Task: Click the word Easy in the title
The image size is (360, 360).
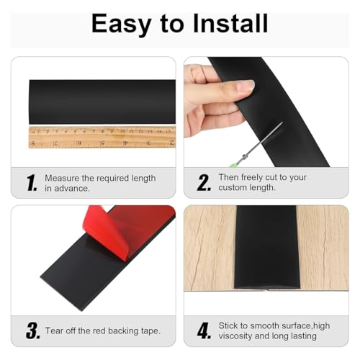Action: (x=121, y=24)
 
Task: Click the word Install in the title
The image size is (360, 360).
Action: (x=230, y=23)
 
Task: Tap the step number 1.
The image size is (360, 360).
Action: (x=32, y=183)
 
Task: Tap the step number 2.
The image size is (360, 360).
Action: (x=204, y=183)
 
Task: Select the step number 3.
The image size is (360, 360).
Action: (x=33, y=330)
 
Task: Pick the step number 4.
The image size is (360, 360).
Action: (x=204, y=330)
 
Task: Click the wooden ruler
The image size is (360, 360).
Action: (x=102, y=138)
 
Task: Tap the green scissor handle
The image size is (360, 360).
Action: (x=233, y=165)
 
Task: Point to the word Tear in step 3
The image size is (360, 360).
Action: (x=54, y=330)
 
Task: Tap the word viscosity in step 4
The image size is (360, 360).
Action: (x=235, y=336)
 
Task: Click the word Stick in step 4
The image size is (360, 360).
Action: (x=229, y=325)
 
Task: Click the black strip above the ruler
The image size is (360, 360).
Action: (x=102, y=102)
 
